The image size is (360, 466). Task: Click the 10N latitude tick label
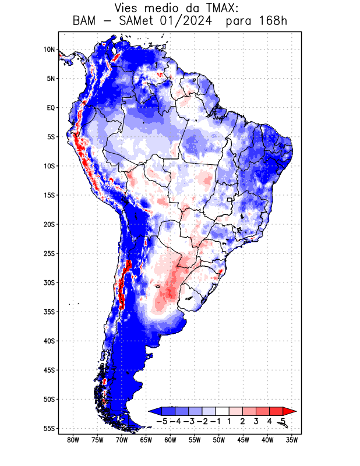pyautogui.click(x=49, y=50)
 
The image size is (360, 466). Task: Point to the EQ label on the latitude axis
pyautogui.click(x=51, y=108)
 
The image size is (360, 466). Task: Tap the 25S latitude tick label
pyautogui.click(x=49, y=253)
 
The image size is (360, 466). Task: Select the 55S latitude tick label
pyautogui.click(x=49, y=429)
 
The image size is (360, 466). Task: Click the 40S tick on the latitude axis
pyautogui.click(x=49, y=341)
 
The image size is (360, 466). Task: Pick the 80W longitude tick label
pyautogui.click(x=73, y=440)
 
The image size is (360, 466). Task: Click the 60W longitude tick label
pyautogui.click(x=170, y=440)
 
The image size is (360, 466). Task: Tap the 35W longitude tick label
pyautogui.click(x=292, y=440)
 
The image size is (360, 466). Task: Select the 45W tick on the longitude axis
pyautogui.click(x=243, y=440)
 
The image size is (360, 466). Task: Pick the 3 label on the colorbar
pyautogui.click(x=256, y=421)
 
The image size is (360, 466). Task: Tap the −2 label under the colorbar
pyautogui.click(x=202, y=421)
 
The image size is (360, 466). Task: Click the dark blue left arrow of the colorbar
pyautogui.click(x=154, y=411)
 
